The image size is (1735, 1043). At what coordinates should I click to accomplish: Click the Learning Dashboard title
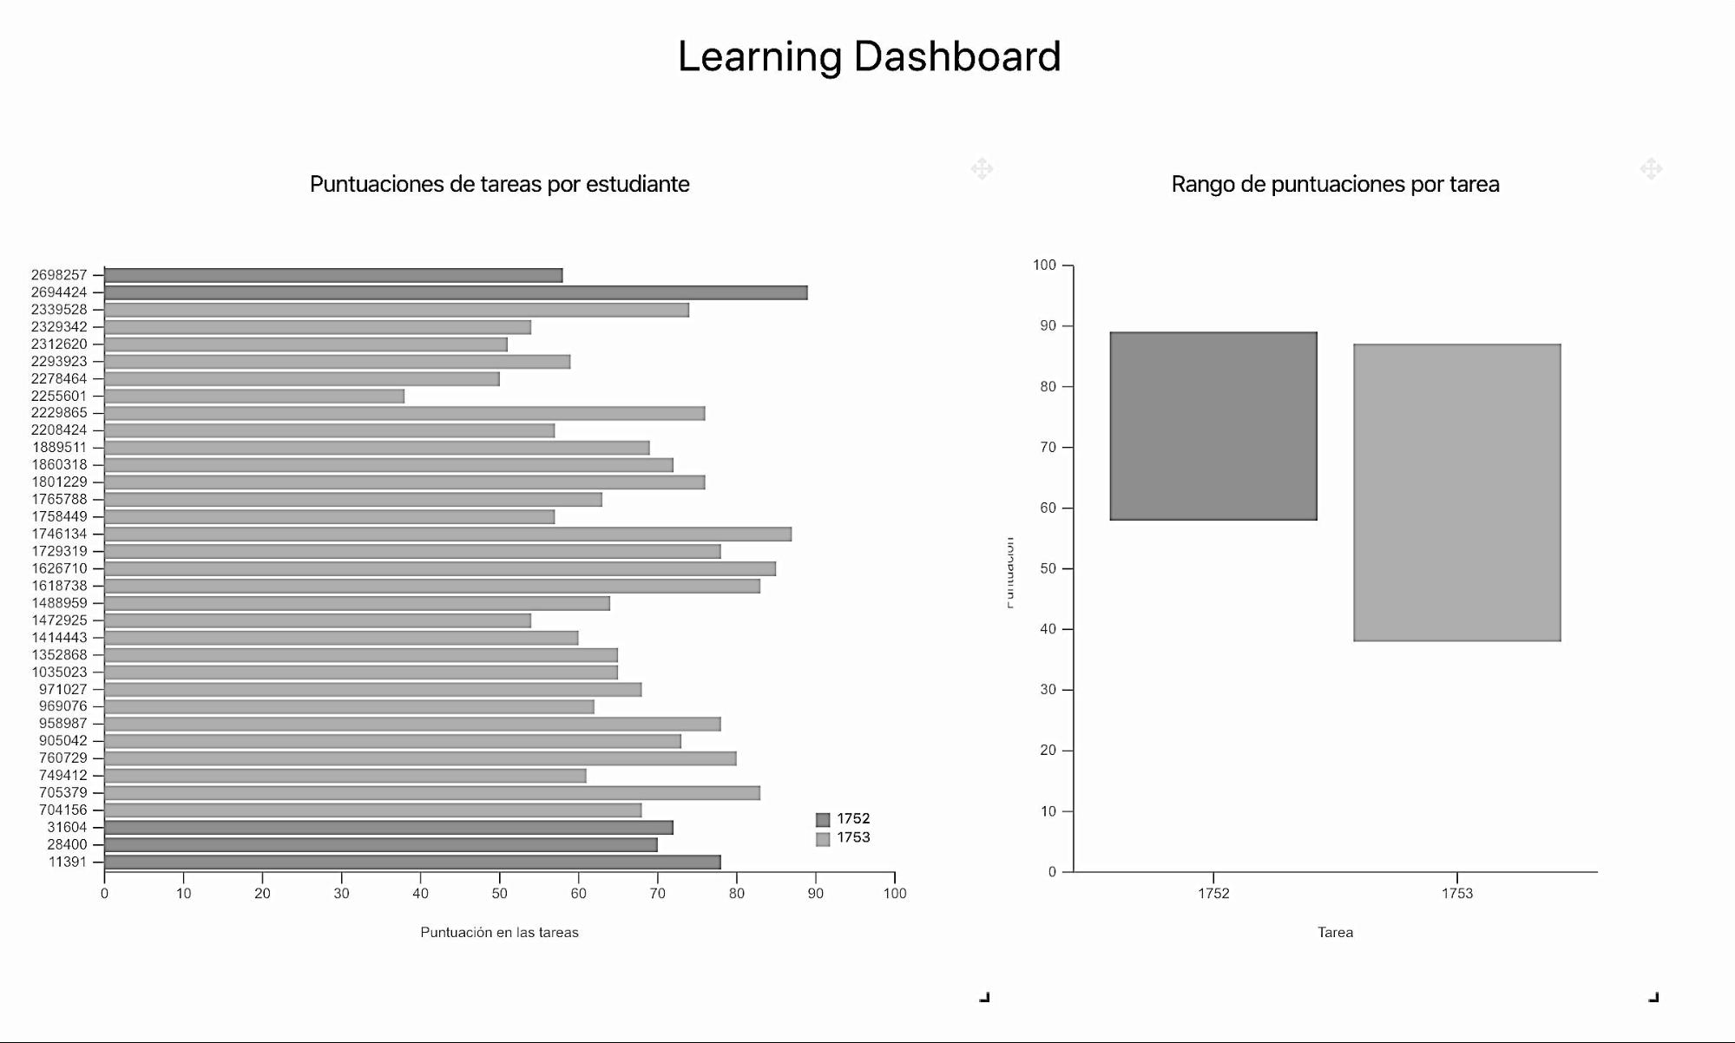click(x=869, y=57)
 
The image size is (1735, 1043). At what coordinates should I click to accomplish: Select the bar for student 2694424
click(x=456, y=292)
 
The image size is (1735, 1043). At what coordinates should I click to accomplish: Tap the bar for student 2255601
click(x=254, y=396)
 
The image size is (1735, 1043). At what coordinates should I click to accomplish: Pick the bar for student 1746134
click(x=448, y=534)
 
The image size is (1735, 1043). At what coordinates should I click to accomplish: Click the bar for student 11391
click(x=412, y=862)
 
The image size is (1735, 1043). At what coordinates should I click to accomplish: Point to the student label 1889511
click(x=59, y=448)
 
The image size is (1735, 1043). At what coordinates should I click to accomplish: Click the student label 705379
click(x=62, y=792)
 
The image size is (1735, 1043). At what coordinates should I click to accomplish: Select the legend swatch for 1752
click(x=823, y=819)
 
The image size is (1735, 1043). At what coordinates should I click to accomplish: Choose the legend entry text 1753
click(x=853, y=838)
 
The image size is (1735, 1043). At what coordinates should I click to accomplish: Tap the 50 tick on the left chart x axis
click(x=499, y=893)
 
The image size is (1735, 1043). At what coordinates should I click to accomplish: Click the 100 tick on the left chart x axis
click(x=895, y=893)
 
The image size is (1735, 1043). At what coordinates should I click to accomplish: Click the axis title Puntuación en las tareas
click(x=499, y=932)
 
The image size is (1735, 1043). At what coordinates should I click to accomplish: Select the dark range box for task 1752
click(x=1213, y=426)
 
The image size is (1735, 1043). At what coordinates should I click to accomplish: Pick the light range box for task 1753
click(x=1457, y=493)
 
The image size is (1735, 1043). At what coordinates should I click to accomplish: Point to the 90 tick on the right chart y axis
click(x=1048, y=326)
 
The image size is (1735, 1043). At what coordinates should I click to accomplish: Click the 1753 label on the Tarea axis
click(x=1457, y=893)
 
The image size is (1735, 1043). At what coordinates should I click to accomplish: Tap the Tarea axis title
click(x=1335, y=932)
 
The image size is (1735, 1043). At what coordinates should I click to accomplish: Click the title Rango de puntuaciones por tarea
click(x=1335, y=184)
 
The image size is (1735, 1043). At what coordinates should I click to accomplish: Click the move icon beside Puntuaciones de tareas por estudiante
click(x=982, y=168)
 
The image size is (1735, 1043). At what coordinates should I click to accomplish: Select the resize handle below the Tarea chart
click(x=1653, y=997)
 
